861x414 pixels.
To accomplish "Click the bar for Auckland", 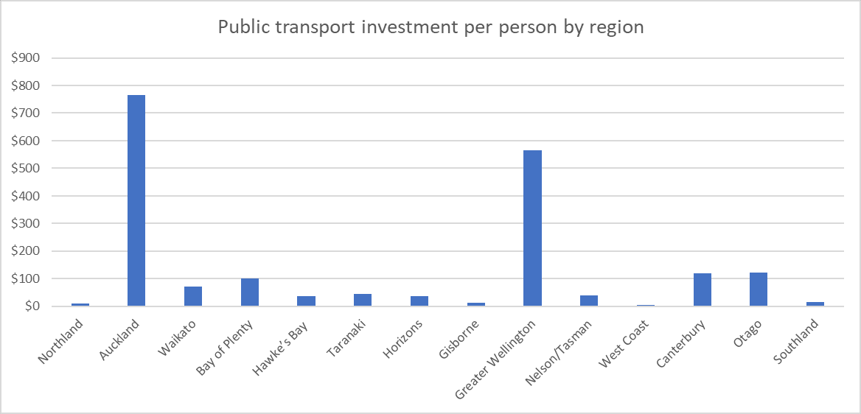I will [x=136, y=200].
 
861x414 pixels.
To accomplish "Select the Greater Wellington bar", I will [x=532, y=228].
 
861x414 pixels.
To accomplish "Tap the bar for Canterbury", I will [x=702, y=290].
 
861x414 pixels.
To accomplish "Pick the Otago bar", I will [x=759, y=290].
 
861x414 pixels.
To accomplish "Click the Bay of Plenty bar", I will [x=250, y=292].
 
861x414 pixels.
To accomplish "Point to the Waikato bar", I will [x=193, y=296].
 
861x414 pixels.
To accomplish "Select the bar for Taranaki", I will [x=363, y=300].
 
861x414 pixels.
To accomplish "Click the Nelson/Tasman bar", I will [x=589, y=301].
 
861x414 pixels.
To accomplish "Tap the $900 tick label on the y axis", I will [x=26, y=58].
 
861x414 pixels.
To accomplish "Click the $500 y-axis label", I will [x=26, y=169].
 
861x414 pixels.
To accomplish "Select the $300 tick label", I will [x=26, y=224].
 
